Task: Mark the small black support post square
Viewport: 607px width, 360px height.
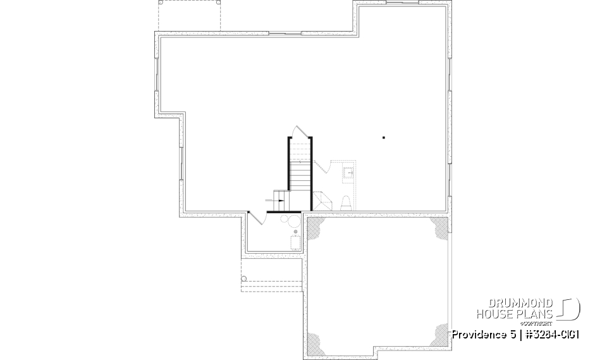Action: pyautogui.click(x=383, y=137)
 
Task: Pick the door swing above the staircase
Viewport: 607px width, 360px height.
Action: pyautogui.click(x=298, y=131)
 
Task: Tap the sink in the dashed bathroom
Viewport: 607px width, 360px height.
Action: pyautogui.click(x=348, y=171)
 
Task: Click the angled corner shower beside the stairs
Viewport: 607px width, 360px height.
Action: pyautogui.click(x=323, y=201)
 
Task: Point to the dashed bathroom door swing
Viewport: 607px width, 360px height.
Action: pyautogui.click(x=321, y=167)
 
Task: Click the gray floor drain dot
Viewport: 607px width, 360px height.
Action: pyautogui.click(x=295, y=232)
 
